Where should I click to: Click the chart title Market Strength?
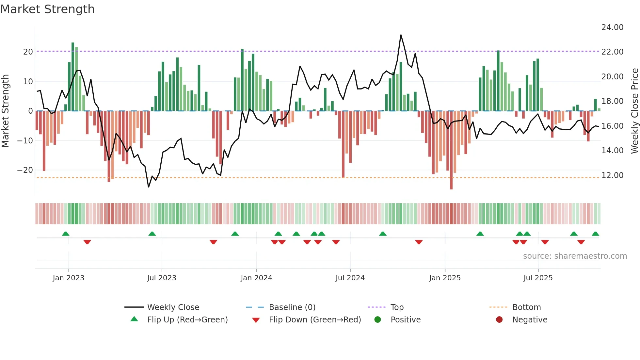click(47, 9)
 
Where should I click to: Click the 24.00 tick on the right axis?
click(612, 27)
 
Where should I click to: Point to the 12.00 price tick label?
click(612, 175)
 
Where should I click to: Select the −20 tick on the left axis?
click(25, 170)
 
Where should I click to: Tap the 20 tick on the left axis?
click(28, 52)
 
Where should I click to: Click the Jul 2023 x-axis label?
click(162, 278)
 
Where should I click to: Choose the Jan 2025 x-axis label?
click(445, 278)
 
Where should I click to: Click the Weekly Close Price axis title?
click(634, 111)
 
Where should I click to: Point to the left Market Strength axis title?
click(6, 111)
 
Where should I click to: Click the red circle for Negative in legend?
click(499, 320)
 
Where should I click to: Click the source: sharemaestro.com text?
click(575, 256)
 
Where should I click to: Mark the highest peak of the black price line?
click(401, 35)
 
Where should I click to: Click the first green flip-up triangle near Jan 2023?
click(66, 234)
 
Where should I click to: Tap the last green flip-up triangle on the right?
click(595, 234)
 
